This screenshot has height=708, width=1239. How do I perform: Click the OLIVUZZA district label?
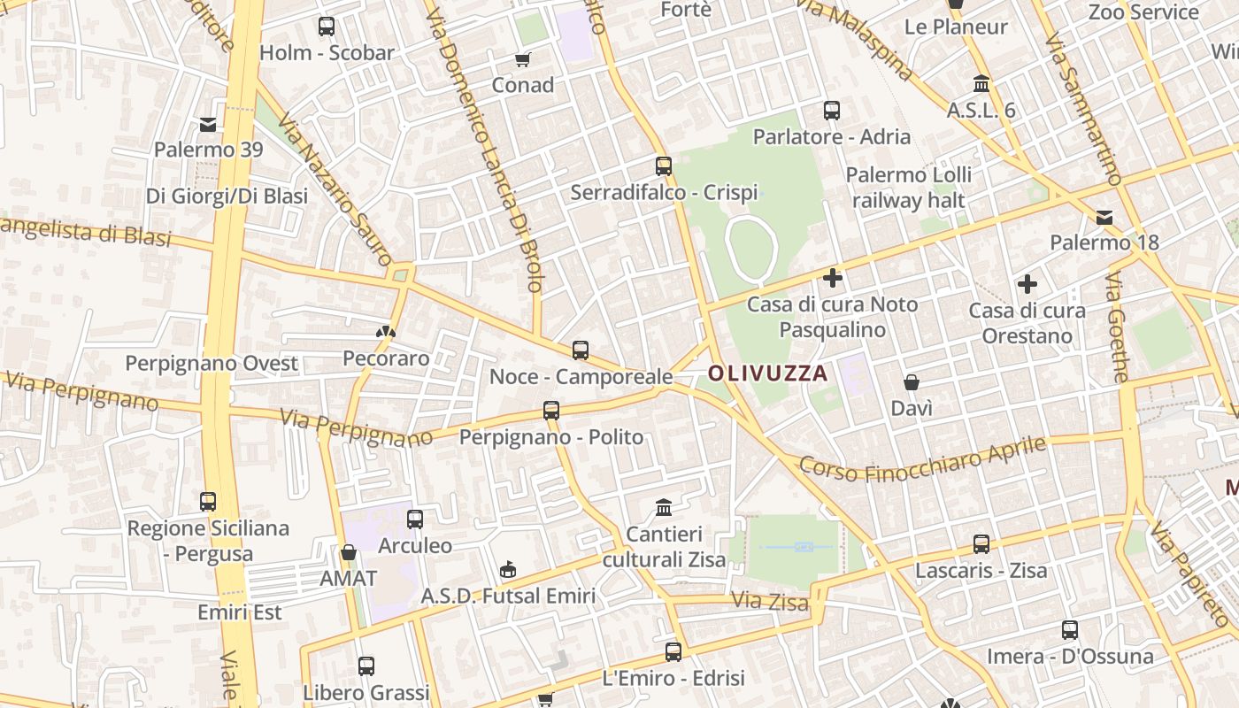[767, 373]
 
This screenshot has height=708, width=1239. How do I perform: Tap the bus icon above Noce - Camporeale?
[581, 350]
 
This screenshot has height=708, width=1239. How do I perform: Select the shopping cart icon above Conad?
[522, 59]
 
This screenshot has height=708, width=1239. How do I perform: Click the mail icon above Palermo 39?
[208, 125]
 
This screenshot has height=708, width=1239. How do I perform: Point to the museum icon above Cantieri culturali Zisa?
[664, 507]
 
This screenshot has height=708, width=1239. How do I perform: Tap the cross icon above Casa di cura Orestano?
[1027, 284]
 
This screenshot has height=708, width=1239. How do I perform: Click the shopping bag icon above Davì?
[912, 382]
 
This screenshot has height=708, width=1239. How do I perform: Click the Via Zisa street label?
[770, 602]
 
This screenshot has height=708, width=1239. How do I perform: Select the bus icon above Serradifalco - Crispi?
[664, 165]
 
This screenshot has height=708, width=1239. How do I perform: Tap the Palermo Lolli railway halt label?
[908, 188]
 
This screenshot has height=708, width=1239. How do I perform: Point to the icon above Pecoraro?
[385, 333]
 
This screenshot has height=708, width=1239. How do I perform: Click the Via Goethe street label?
[1117, 328]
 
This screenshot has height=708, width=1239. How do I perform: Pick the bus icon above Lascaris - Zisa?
[981, 544]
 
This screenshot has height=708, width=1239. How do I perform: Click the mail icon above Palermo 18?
[1104, 217]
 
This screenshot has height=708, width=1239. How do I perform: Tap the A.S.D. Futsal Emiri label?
[508, 596]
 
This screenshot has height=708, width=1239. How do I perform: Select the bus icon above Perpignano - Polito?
[551, 411]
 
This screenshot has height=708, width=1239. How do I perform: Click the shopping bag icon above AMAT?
[349, 553]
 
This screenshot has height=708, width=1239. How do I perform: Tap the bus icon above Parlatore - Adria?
[832, 111]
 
